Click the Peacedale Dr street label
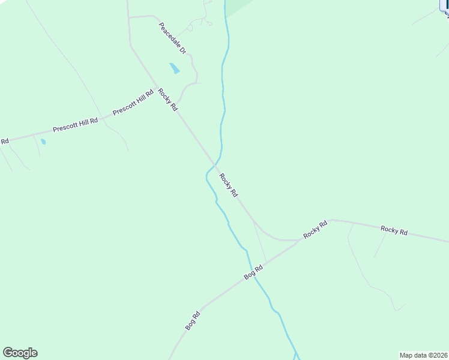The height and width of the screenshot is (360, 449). [173, 38]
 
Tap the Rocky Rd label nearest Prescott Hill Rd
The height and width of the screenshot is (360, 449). [168, 100]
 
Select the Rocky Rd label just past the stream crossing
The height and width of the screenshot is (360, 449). [229, 185]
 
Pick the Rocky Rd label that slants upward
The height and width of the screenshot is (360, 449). [315, 230]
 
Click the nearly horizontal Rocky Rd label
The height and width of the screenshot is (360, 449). [394, 230]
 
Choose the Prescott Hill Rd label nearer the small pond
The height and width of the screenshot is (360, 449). [75, 125]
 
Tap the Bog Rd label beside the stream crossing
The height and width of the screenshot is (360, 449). [254, 272]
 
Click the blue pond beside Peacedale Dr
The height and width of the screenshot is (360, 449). [174, 68]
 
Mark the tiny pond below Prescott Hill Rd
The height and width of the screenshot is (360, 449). [43, 142]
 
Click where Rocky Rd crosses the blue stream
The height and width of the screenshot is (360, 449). [215, 163]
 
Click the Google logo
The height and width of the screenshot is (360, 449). [20, 353]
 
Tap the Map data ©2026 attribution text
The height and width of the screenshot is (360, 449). [423, 355]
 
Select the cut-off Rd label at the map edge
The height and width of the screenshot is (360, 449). [4, 142]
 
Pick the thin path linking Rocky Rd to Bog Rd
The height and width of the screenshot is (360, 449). [261, 244]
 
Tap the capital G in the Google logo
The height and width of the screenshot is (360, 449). [8, 353]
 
